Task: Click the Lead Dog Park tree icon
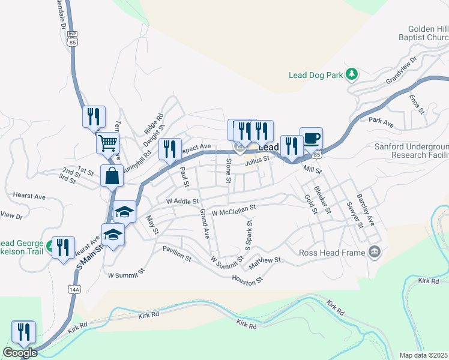click(x=352, y=75)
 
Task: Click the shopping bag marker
click(x=112, y=176)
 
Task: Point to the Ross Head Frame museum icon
click(x=375, y=251)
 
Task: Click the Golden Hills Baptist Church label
click(x=427, y=33)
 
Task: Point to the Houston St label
click(x=247, y=279)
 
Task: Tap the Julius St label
click(x=256, y=160)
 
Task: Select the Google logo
click(x=20, y=353)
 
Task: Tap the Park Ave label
click(x=381, y=122)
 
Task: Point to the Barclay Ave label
click(x=365, y=209)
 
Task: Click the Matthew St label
click(x=265, y=260)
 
